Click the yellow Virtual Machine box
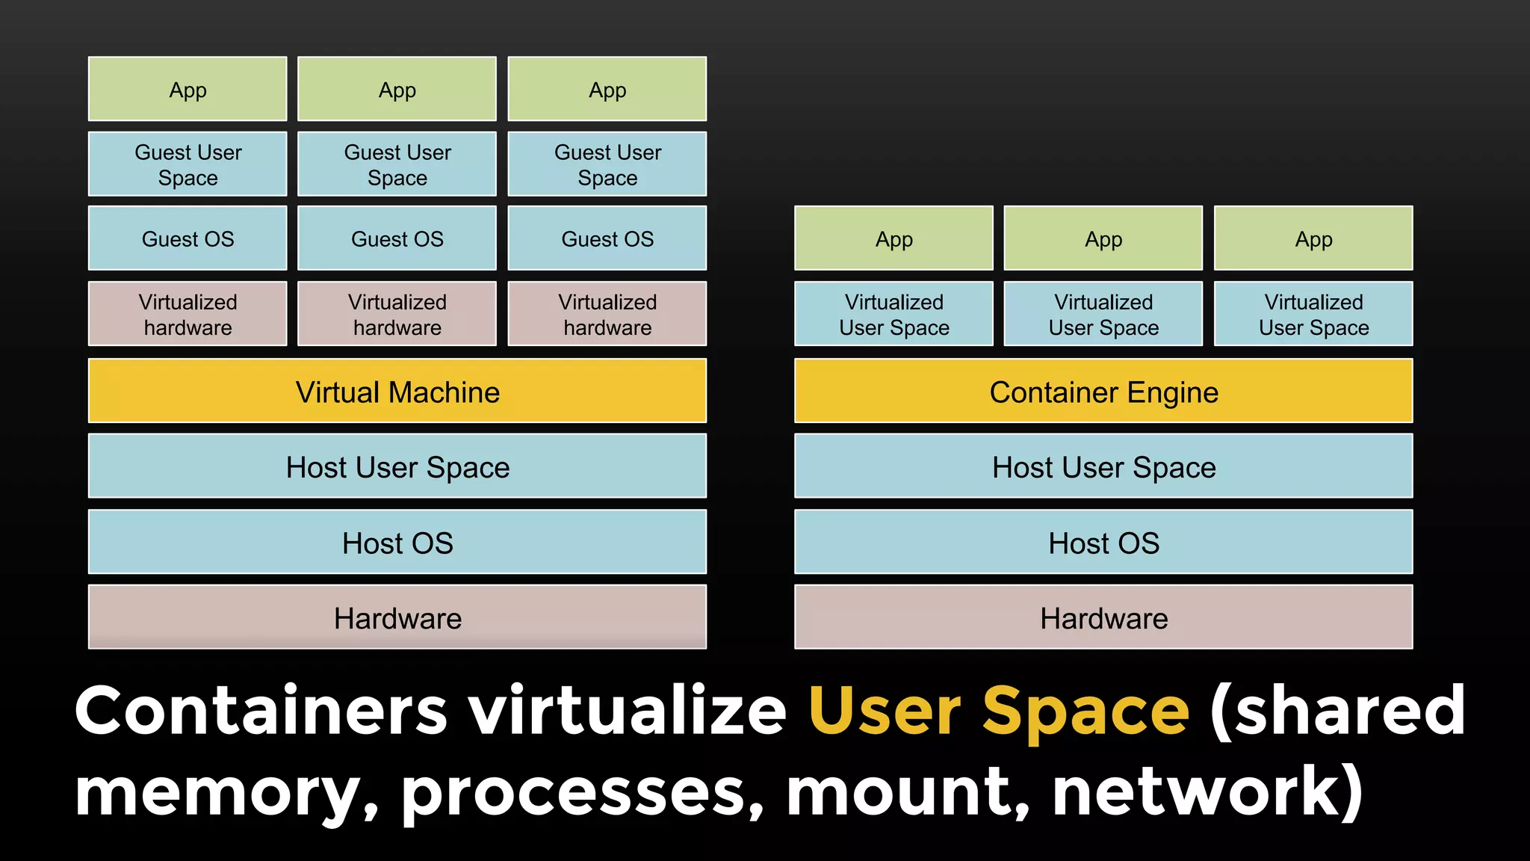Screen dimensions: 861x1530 point(397,391)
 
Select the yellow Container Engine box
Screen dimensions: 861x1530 point(1103,391)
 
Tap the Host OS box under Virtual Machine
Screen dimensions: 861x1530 point(397,542)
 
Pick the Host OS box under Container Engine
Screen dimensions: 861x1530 point(1103,542)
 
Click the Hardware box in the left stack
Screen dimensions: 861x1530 point(397,617)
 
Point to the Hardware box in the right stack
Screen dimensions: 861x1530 point(1103,617)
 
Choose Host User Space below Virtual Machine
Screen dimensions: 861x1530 point(397,466)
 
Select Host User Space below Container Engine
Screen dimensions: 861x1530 point(1103,466)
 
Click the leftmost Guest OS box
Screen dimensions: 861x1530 point(188,238)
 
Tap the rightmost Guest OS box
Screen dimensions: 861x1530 point(607,238)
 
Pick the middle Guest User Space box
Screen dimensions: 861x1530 point(397,164)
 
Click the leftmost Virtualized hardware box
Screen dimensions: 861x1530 point(188,314)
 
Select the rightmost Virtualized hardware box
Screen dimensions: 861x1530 point(607,314)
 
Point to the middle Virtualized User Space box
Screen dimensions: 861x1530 point(1103,314)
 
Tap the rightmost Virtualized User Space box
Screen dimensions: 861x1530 point(1313,314)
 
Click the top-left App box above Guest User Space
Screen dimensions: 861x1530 point(188,89)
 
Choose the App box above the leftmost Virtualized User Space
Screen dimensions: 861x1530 point(893,238)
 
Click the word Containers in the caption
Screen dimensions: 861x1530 point(261,710)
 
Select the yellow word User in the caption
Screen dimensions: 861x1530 point(885,710)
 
